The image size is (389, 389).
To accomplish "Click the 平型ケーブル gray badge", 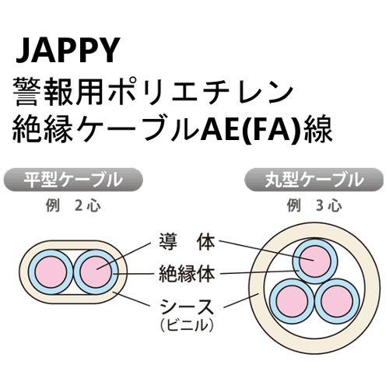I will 74,180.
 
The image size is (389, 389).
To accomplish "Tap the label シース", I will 191,306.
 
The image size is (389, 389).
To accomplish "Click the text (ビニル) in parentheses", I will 191,324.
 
